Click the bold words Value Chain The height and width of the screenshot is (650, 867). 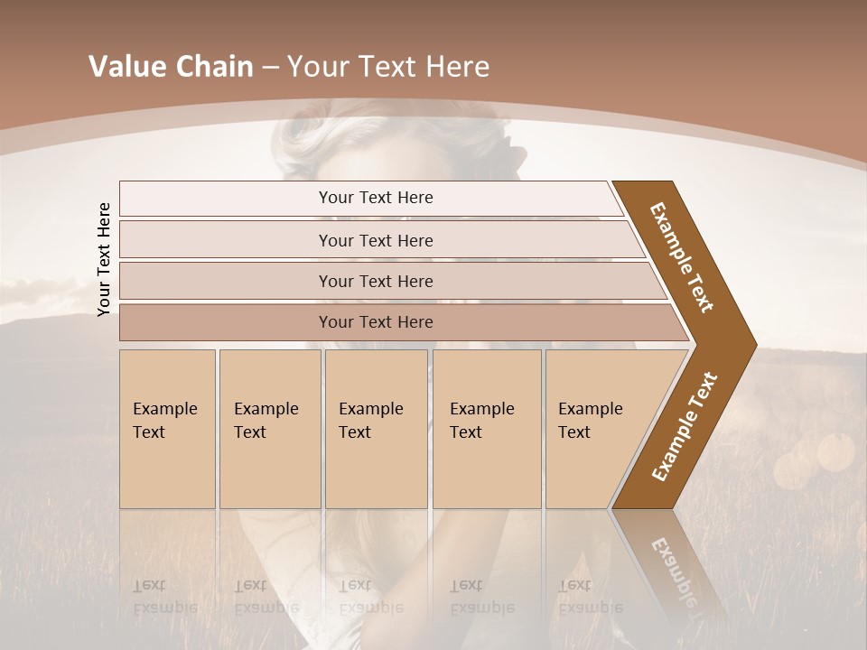[171, 67]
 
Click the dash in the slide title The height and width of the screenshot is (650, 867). [269, 68]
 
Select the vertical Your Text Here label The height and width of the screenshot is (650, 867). [104, 259]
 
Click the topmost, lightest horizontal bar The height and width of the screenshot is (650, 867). [376, 198]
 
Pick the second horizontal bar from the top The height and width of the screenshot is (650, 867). [376, 240]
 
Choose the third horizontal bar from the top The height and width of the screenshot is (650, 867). [376, 281]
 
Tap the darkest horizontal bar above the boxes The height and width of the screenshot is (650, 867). [376, 322]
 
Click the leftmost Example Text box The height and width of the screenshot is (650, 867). [167, 429]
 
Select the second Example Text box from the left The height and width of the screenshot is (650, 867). [269, 429]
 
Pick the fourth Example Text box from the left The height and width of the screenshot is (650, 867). [487, 429]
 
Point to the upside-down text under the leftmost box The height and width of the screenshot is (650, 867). [165, 596]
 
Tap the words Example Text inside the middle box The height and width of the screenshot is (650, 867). [370, 421]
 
